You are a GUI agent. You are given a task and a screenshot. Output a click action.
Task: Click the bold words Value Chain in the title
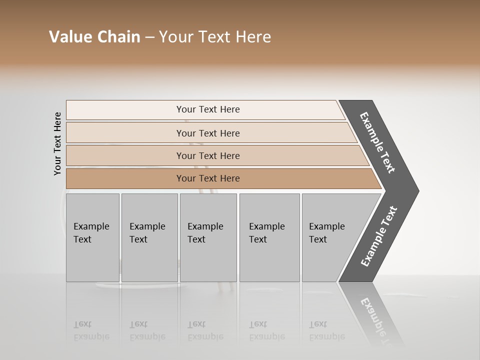pos(94,37)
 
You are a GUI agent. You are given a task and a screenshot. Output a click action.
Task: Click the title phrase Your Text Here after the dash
pos(215,37)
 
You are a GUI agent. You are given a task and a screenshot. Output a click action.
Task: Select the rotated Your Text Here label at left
pos(57,143)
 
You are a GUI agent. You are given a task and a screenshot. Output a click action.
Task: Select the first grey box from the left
pos(92,237)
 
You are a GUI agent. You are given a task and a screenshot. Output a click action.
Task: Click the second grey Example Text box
pos(149,237)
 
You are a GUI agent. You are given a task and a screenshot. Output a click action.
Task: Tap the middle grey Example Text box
pos(208,237)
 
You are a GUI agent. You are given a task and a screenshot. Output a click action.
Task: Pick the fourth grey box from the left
pos(269,237)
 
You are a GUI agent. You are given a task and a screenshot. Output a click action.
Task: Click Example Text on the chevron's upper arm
pos(377,142)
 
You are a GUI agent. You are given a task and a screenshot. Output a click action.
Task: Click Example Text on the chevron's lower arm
pos(378,236)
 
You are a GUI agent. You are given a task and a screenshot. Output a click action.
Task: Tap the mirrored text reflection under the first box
pos(91,331)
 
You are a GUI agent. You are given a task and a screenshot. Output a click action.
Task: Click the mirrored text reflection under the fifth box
pos(327,331)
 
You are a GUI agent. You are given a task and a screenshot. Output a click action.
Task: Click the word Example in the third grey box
pos(205,226)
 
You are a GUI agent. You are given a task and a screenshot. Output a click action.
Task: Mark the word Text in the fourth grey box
pos(258,239)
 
